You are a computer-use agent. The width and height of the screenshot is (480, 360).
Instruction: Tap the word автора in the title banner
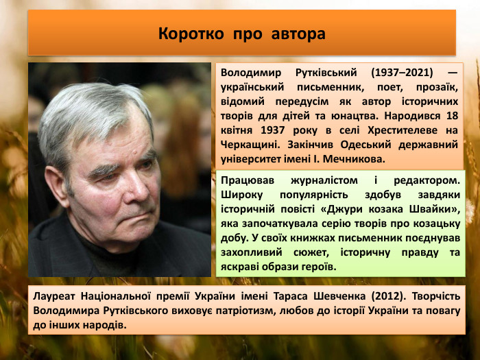coord(298,33)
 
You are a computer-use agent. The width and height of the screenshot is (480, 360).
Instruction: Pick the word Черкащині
coord(252,145)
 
